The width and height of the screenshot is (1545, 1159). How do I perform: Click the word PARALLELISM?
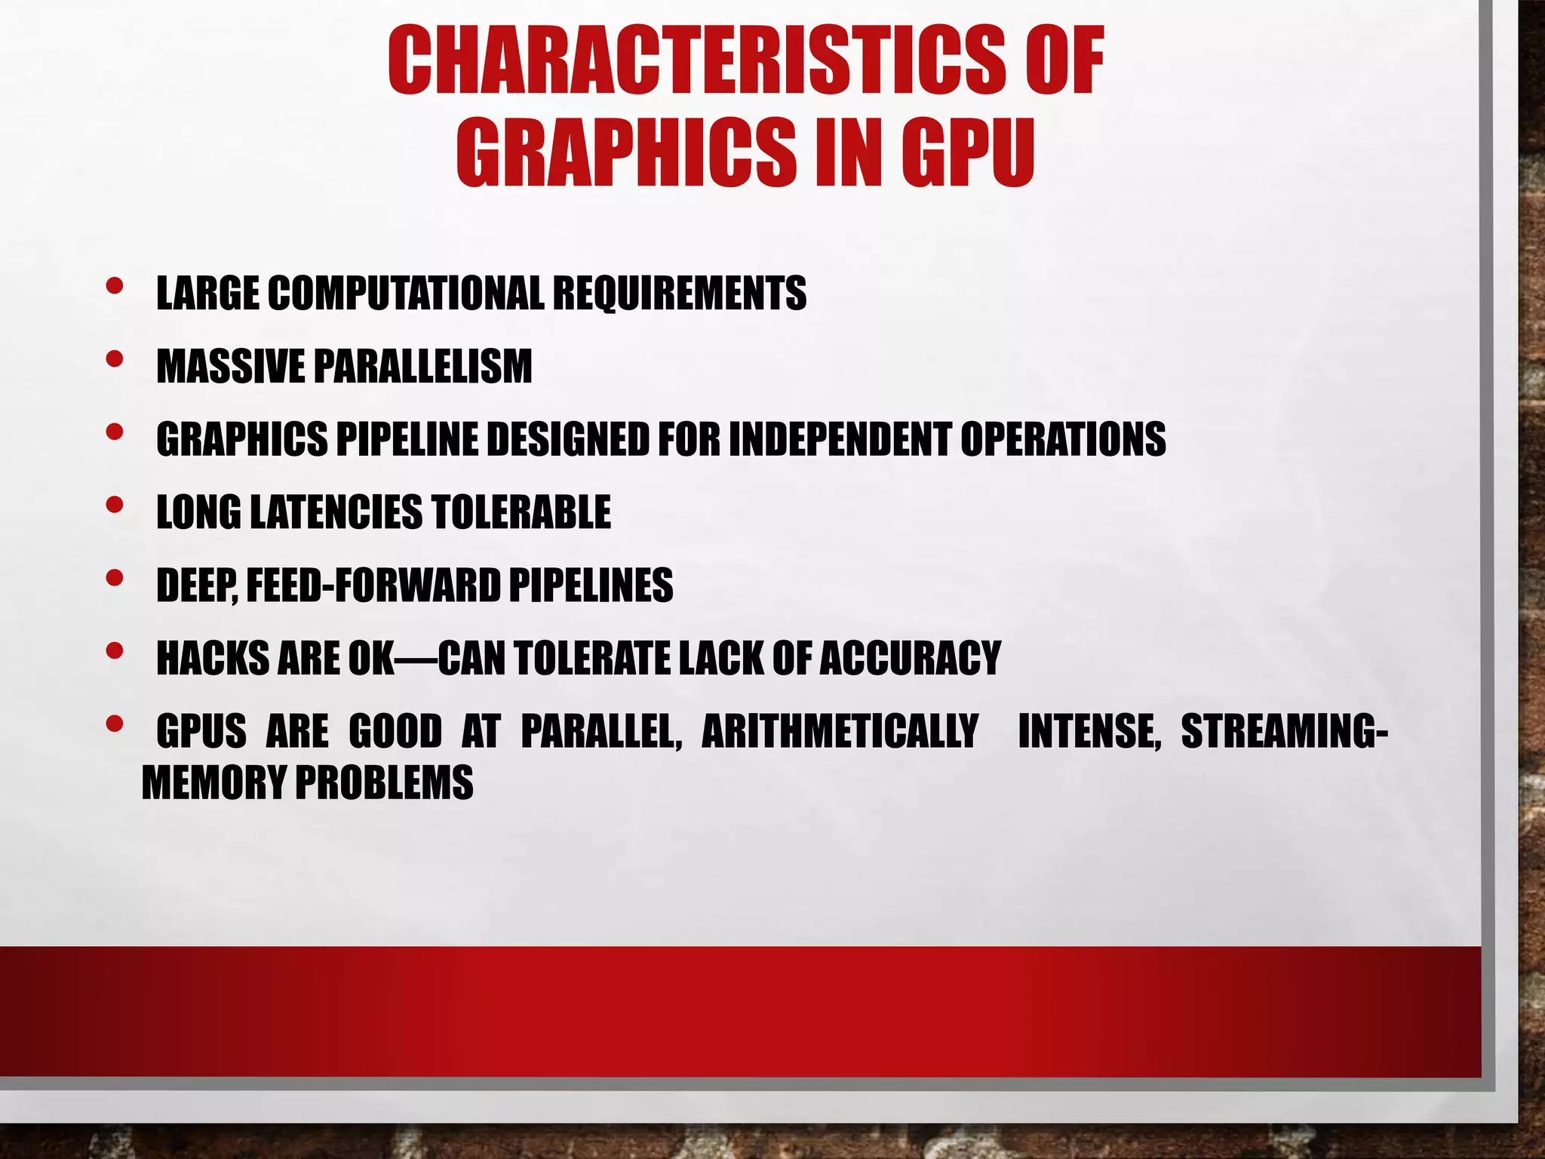422,366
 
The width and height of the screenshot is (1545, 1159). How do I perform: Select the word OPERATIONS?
1063,439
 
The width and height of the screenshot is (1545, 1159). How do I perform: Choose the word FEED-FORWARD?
373,586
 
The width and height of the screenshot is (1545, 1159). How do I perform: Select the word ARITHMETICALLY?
840,731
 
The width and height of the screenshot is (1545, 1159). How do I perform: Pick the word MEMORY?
213,782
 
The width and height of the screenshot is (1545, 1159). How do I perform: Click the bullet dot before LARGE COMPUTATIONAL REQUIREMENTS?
115,286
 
